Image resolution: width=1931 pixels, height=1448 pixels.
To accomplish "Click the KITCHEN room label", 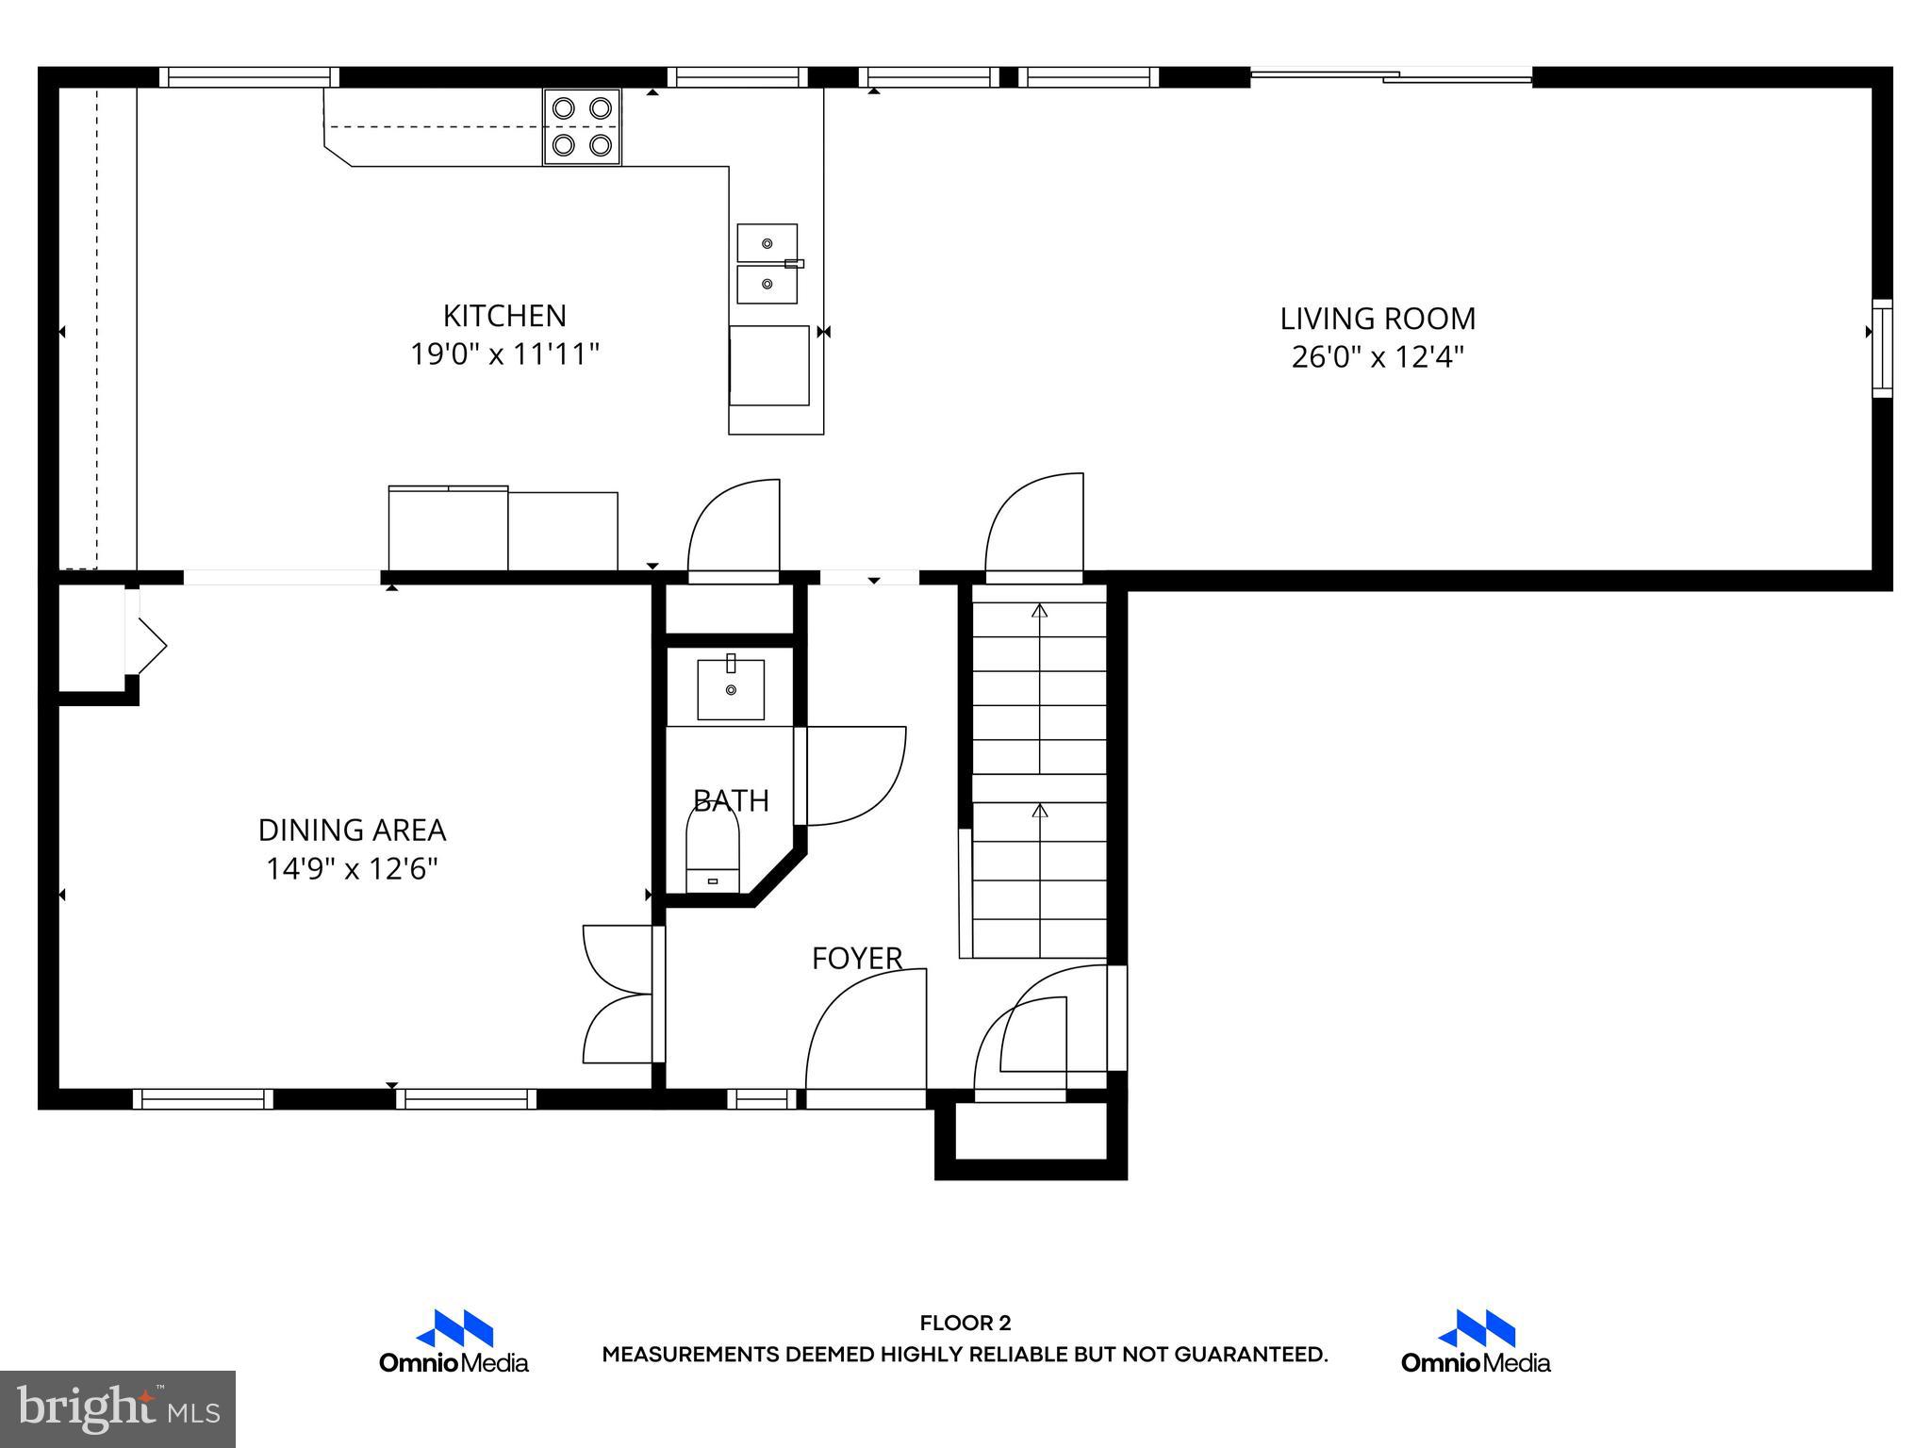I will (x=504, y=315).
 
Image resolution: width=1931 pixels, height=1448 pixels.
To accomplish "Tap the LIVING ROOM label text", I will (x=1377, y=319).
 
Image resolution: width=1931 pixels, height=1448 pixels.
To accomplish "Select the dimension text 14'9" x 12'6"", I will (x=352, y=868).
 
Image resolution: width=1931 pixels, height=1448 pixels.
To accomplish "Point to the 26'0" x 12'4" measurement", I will (x=1377, y=357).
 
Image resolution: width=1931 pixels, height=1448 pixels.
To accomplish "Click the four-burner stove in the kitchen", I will (x=582, y=126).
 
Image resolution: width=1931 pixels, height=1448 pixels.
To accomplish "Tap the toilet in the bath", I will (x=712, y=850).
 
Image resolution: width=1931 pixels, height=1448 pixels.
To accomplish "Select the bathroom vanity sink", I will (x=731, y=689).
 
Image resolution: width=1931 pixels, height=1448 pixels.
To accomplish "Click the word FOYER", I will (x=857, y=959).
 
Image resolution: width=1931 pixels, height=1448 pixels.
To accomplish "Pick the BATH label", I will (x=731, y=800).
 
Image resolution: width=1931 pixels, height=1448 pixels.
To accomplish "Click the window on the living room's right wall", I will (x=1882, y=348).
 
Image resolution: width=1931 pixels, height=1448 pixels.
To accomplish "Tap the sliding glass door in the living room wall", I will (x=1391, y=76).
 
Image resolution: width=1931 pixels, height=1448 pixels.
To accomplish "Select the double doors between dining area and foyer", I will (x=618, y=995).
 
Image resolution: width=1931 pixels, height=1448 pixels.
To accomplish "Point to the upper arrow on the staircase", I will (x=1039, y=611).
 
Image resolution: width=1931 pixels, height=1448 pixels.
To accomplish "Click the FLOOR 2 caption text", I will (x=965, y=1323).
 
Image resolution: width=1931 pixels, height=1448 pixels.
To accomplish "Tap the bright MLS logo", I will (x=118, y=1408).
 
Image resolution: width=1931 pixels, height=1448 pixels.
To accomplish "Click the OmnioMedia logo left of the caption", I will (x=454, y=1341).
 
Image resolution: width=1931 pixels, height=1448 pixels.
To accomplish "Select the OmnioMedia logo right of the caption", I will (x=1475, y=1341).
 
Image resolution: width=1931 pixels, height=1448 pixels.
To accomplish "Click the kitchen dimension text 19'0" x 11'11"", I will (x=504, y=354).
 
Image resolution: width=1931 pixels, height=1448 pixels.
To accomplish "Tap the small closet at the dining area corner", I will (x=91, y=638).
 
